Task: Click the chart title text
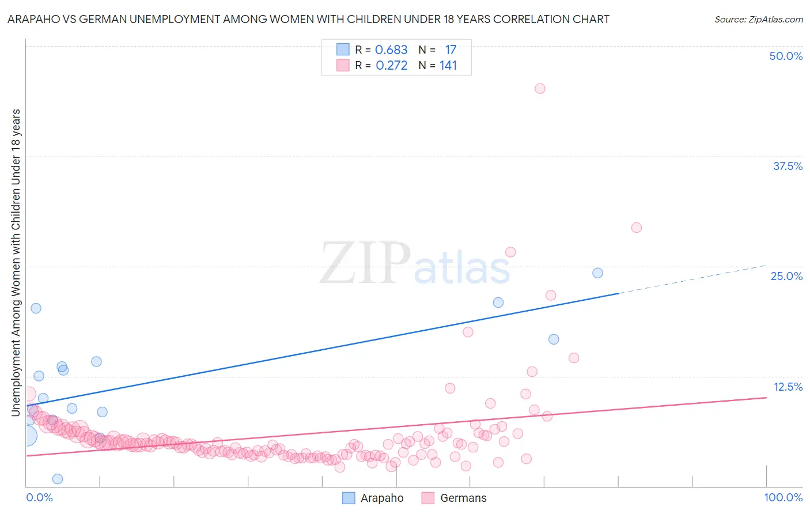[x=308, y=19]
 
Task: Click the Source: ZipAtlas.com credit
[x=758, y=19]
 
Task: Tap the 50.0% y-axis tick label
[x=786, y=56]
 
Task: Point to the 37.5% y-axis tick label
[x=788, y=166]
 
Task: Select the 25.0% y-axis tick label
[x=786, y=276]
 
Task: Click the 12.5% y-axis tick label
[x=788, y=387]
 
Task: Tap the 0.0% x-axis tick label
[x=40, y=497]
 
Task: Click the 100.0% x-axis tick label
[x=783, y=497]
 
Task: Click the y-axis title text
[x=16, y=262]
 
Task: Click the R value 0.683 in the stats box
[x=391, y=50]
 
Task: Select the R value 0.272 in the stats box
[x=391, y=65]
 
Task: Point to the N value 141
[x=448, y=65]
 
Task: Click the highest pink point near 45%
[x=540, y=88]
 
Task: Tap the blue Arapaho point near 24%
[x=597, y=273]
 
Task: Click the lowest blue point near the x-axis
[x=58, y=479]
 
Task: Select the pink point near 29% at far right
[x=636, y=227]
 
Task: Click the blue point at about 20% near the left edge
[x=36, y=308]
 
